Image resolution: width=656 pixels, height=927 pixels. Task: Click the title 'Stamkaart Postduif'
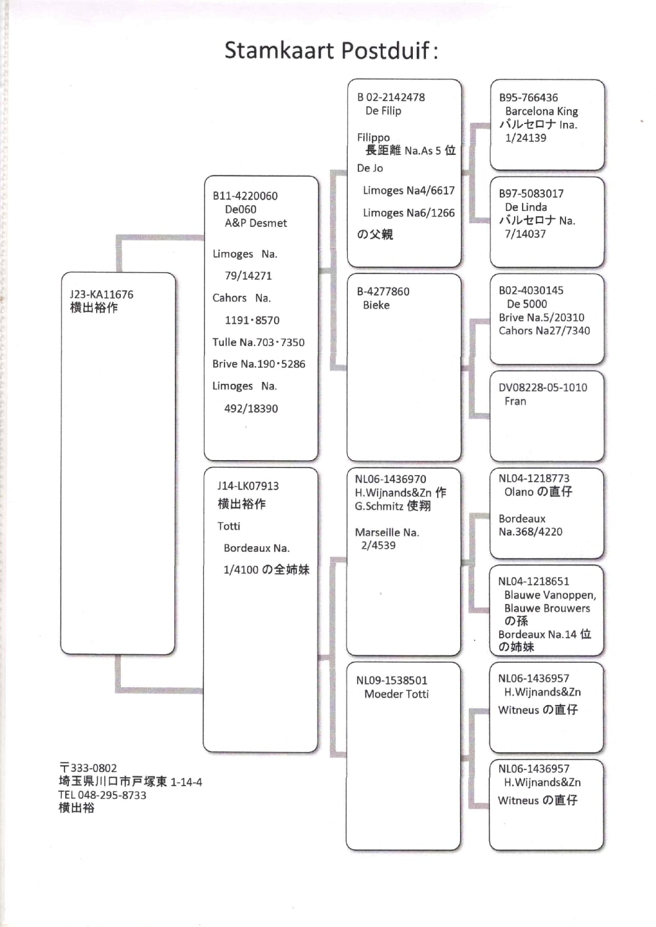pos(330,50)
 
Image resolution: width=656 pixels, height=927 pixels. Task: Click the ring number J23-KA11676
pos(101,295)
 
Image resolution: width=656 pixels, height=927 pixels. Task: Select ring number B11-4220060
pos(245,196)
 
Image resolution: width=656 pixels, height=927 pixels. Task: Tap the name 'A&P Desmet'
pos(255,223)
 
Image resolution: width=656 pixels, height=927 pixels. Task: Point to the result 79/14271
pos(248,276)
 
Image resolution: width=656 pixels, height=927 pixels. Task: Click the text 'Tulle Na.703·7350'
pos(258,342)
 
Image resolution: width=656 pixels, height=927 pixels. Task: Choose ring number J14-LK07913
pos(247,486)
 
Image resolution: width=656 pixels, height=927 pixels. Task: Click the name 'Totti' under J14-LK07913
pos(229,526)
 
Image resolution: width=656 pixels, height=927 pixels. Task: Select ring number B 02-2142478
pos(391,97)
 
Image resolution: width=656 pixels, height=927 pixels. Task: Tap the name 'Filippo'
pos(373,137)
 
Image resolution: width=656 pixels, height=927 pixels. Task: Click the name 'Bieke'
pos(376,305)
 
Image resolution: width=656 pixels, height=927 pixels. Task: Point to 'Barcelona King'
pos(541,112)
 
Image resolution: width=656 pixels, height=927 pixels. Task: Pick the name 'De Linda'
pos(526,207)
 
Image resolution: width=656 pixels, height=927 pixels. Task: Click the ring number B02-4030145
pos(531,290)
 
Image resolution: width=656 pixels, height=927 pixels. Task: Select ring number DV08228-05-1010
pos(543,388)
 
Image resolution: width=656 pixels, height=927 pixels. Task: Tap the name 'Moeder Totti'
pos(396,694)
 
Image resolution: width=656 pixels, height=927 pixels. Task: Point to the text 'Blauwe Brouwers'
pos(547,608)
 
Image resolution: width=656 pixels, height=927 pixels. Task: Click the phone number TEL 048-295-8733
pos(102,795)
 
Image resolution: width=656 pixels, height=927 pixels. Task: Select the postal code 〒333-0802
pos(88,768)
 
